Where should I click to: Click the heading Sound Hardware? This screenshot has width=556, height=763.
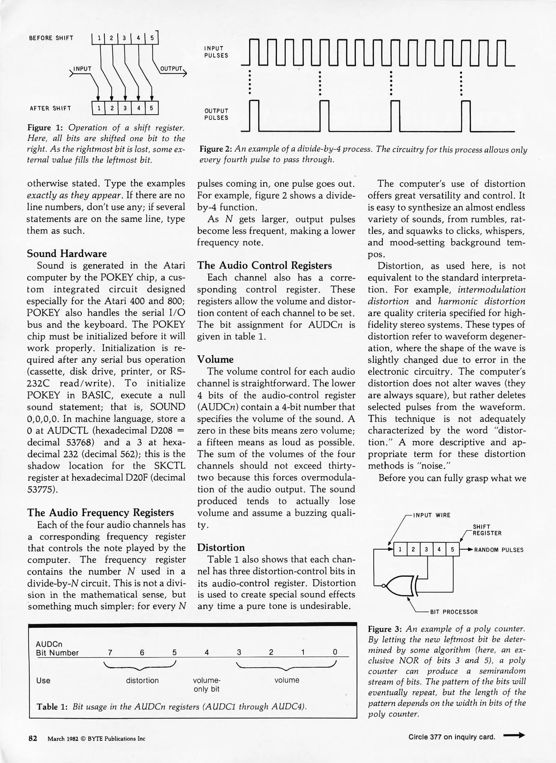(67, 254)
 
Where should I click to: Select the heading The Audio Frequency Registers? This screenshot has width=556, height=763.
(100, 513)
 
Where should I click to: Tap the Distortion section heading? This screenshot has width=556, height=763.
(221, 548)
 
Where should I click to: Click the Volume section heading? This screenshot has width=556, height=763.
(215, 360)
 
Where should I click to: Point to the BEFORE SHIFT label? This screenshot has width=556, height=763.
(51, 38)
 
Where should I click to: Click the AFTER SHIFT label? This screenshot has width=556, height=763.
(50, 108)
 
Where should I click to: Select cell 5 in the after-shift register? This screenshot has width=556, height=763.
(151, 108)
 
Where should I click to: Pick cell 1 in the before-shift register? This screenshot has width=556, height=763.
(99, 38)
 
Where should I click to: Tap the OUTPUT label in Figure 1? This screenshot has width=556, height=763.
(171, 69)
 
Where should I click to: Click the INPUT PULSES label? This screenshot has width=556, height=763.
(216, 52)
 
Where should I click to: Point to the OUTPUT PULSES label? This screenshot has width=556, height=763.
(216, 114)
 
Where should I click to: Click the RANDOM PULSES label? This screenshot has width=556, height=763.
(499, 550)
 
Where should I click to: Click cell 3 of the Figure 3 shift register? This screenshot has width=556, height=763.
(426, 550)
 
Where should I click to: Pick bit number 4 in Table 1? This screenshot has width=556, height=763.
(207, 652)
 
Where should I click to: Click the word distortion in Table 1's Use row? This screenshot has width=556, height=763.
(142, 680)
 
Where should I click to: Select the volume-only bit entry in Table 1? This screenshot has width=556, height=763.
(207, 685)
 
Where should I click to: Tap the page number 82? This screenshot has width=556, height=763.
(33, 739)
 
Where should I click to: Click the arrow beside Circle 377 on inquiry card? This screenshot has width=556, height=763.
(514, 736)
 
